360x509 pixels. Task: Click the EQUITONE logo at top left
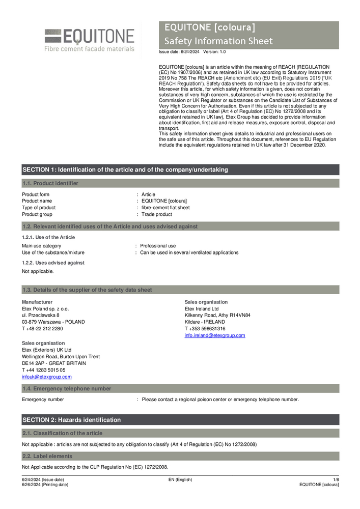coord(89,39)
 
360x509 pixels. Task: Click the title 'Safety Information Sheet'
coord(218,41)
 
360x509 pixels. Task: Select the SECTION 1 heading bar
coord(125,169)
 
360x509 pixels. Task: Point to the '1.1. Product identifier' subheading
coord(50,183)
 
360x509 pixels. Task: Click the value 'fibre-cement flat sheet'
coord(165,208)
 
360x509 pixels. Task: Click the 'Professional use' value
coord(158,246)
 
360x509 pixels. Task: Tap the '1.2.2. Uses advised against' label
coord(53,263)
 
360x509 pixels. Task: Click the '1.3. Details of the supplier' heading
coord(87,290)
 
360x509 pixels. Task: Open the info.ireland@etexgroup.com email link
coord(214,335)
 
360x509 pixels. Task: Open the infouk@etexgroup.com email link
coord(46,377)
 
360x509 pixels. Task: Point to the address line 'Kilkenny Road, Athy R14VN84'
coord(217,316)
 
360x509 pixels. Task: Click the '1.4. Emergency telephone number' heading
coord(66,388)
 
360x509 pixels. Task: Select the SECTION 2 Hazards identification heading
coord(72,420)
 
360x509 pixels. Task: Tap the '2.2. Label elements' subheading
coord(47,456)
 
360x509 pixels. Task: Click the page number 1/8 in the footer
coord(336,479)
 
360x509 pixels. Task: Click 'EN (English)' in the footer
coord(180,479)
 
